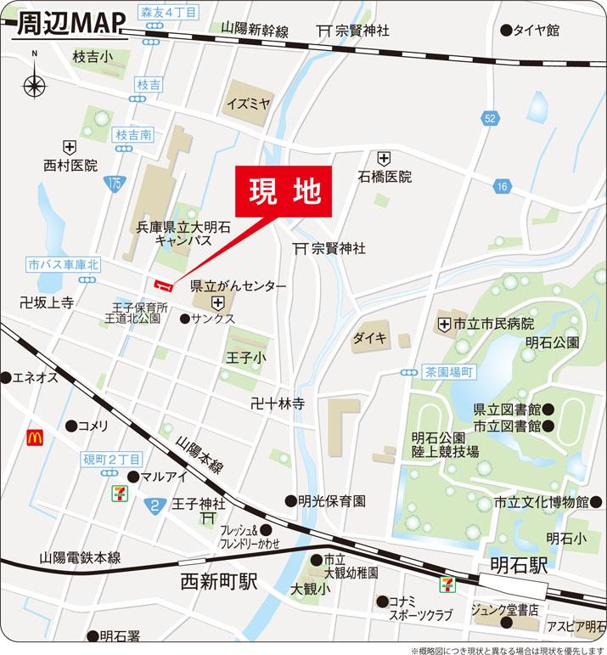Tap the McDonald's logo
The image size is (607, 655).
35,438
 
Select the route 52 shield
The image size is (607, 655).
489,119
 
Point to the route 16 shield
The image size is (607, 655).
503,186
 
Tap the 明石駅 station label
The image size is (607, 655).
519,566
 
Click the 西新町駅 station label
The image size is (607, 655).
219,582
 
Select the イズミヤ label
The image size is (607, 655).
248,104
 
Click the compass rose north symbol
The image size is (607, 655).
35,85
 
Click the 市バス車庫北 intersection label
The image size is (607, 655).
63,265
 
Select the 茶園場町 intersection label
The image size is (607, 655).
450,372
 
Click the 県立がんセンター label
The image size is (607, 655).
238,287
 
